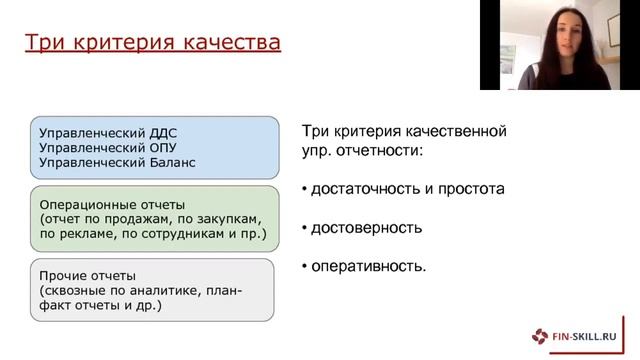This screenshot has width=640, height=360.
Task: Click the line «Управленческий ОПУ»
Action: point(103,147)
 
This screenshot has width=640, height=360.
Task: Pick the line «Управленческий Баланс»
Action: point(117,162)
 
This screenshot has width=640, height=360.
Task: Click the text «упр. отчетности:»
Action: point(362,150)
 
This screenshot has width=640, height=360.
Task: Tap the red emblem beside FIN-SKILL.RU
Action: point(541,335)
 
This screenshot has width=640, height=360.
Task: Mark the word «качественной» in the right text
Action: point(459,131)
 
